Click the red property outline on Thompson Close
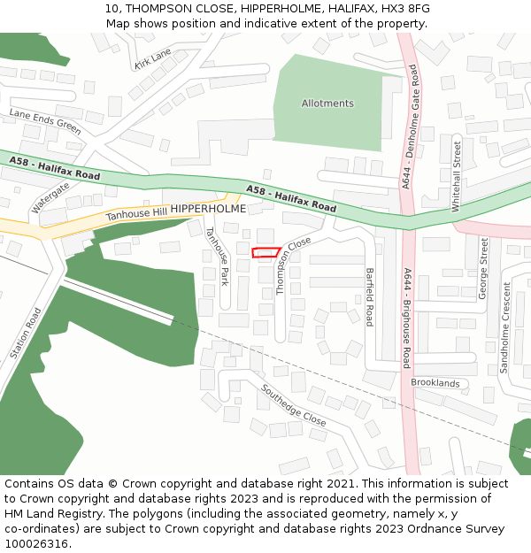pos(265,253)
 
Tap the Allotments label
pos(327,104)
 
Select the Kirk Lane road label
pos(152,60)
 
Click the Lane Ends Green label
pos(45,120)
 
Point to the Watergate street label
pos(50,197)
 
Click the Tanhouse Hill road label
pos(136,212)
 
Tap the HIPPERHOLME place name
pos(208,209)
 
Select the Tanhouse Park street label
pos(217,257)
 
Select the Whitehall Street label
pos(457,176)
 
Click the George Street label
pos(484,268)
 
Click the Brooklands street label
pos(435,383)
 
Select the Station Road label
pos(26,333)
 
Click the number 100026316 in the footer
pos(36,544)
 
